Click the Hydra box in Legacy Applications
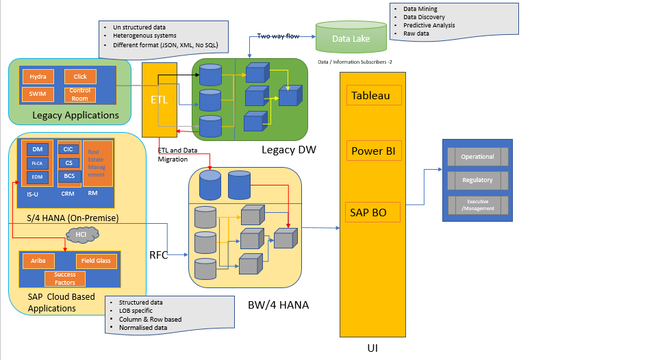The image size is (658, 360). pos(38,77)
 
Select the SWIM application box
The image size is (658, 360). pos(38,94)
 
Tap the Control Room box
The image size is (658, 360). pos(80,94)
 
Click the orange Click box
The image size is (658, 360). pos(80,77)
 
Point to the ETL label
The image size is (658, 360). pos(159,99)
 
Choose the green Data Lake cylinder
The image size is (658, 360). pos(351,38)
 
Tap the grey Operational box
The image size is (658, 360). pos(477,157)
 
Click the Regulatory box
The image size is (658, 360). pos(477,180)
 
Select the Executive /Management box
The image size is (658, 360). pos(477,205)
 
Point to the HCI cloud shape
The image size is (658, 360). pos(81,235)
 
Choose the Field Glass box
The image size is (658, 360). pos(95,261)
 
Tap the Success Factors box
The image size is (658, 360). pos(65,278)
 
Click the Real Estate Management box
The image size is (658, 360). pos(97,164)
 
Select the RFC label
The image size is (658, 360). pos(159,255)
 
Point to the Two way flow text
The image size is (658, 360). pos(277,36)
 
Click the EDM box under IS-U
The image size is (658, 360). pos(37,177)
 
